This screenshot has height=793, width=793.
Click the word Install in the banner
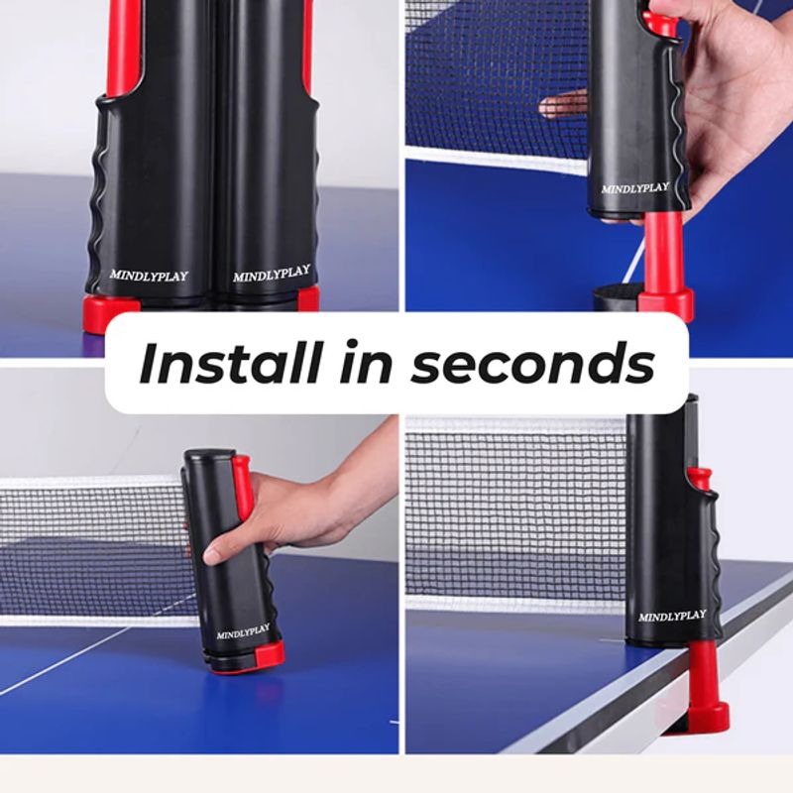pyautogui.click(x=229, y=364)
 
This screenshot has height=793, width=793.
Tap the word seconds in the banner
pyautogui.click(x=532, y=365)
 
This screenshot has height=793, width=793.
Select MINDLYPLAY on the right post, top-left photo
pyautogui.click(x=272, y=273)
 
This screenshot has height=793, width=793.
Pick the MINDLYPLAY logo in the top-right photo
pyautogui.click(x=634, y=186)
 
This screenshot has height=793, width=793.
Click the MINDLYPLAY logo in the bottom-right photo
pyautogui.click(x=672, y=616)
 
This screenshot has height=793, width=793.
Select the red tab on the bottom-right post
pyautogui.click(x=702, y=477)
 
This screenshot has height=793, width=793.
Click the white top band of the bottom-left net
pyautogui.click(x=89, y=483)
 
